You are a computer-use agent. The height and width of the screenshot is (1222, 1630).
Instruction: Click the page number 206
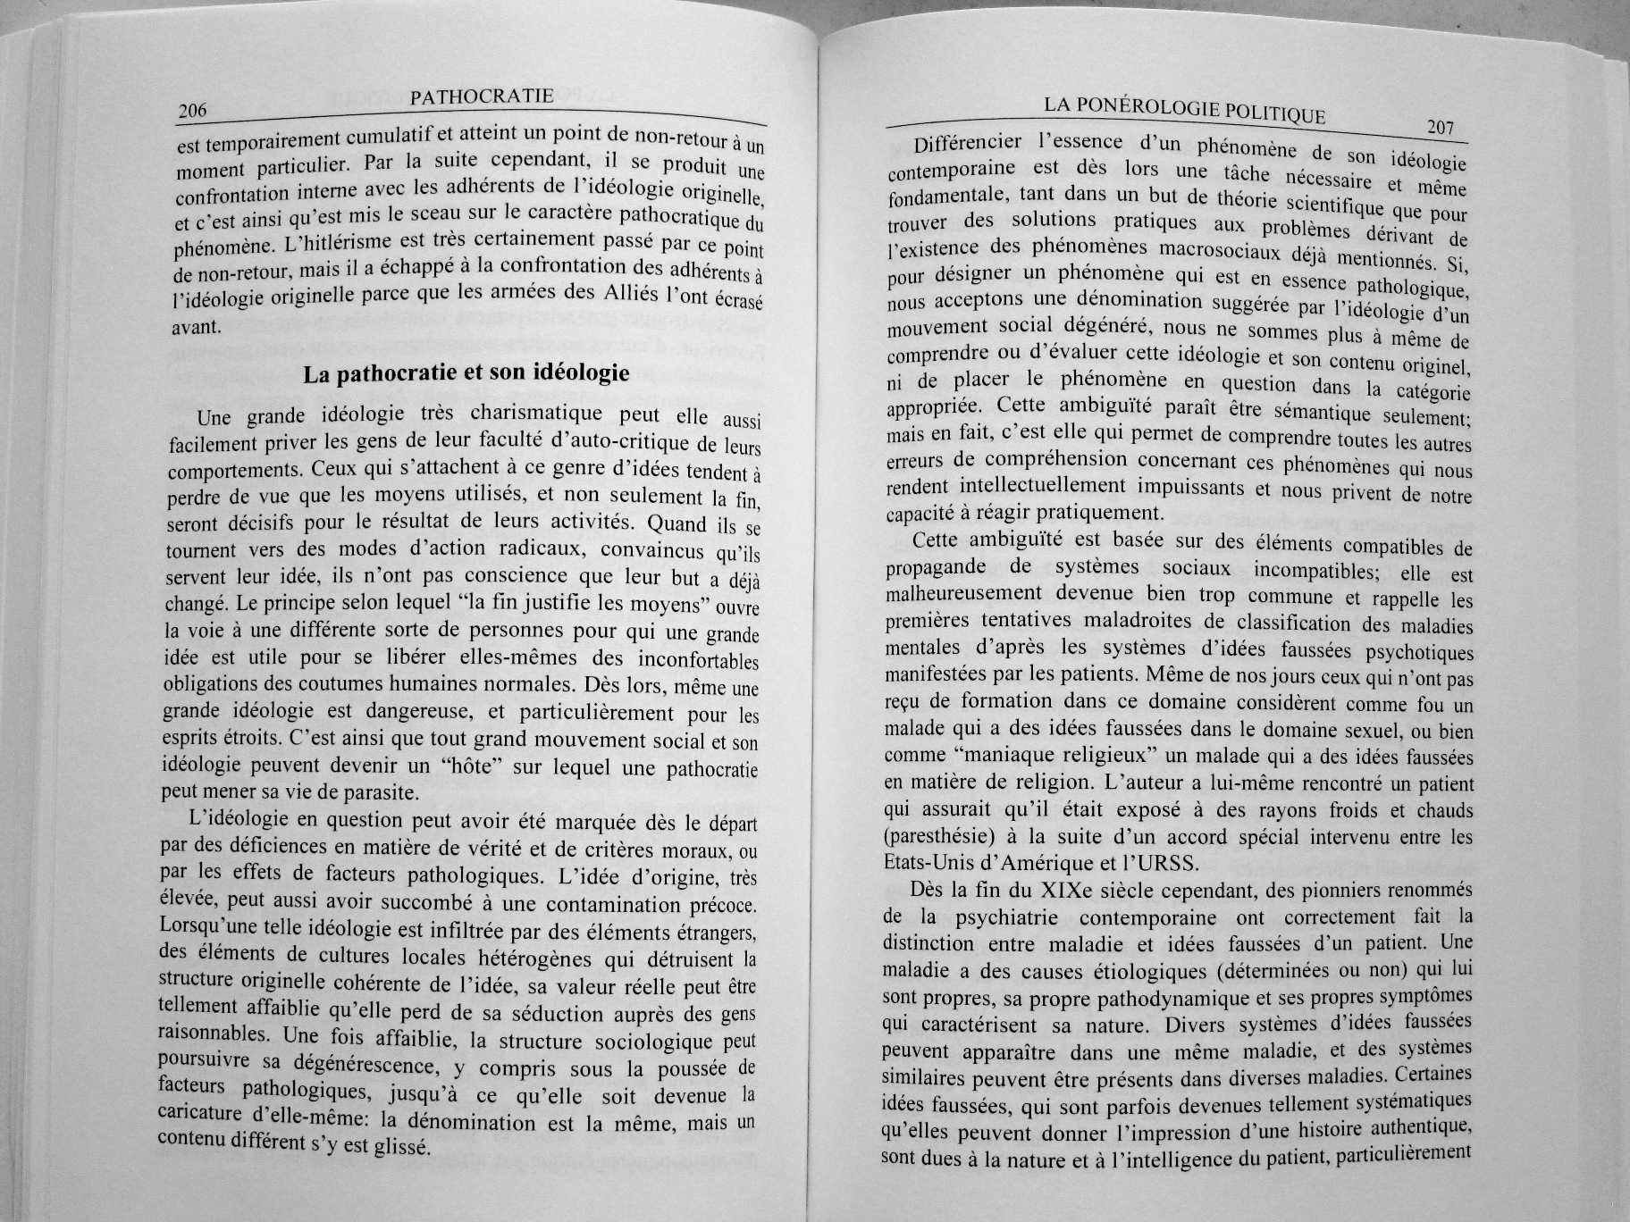[x=192, y=112]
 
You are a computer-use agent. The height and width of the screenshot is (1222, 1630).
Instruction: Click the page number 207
[x=1441, y=128]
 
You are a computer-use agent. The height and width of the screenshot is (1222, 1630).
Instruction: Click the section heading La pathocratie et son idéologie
[x=466, y=373]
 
